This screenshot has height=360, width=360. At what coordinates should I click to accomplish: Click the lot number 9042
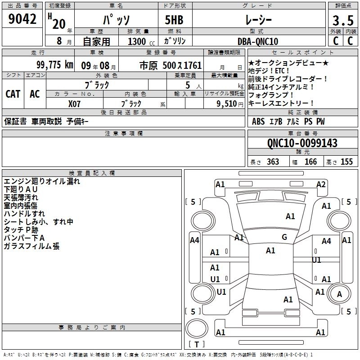22,19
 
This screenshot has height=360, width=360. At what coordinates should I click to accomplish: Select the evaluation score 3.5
342,21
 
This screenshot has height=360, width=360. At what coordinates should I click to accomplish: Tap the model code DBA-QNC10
258,41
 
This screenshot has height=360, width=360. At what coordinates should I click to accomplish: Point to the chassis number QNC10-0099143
302,143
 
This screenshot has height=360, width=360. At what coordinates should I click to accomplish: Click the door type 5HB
174,20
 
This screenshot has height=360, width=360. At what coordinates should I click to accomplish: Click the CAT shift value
13,94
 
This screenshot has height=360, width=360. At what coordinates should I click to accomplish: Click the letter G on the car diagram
284,237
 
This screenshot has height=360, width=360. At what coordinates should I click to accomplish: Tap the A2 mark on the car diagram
321,184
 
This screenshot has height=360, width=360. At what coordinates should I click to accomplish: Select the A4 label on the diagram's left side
194,240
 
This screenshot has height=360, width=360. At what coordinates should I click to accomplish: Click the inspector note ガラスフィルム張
31,246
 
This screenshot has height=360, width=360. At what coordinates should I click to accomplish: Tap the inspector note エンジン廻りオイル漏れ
42,181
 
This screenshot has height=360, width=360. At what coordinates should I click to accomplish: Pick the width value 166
310,162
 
